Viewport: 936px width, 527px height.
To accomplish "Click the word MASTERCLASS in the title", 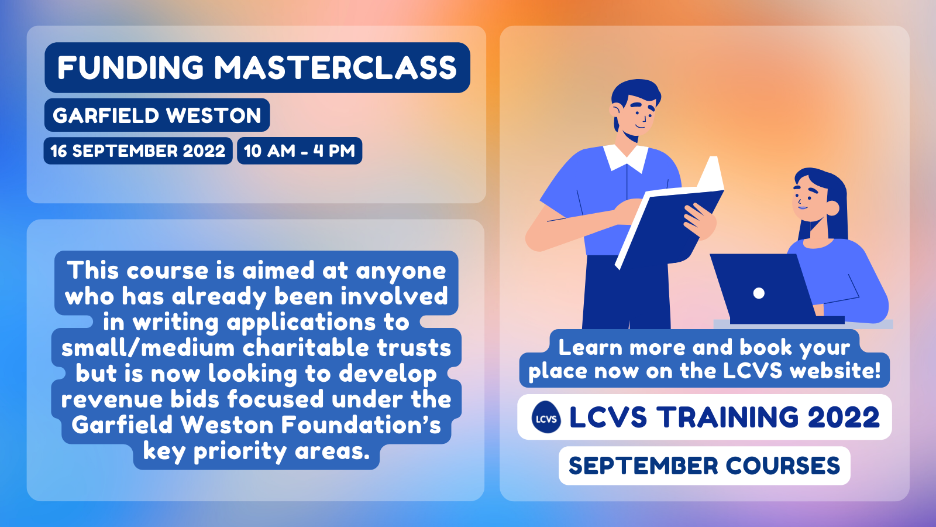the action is tap(336, 68).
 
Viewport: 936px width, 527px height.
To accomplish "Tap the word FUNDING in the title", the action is tap(130, 68).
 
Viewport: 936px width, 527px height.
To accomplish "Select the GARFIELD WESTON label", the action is tap(157, 115).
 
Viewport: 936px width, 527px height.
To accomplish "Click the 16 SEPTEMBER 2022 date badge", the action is tap(138, 150).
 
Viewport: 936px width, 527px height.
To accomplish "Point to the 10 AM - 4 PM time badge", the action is tap(300, 150).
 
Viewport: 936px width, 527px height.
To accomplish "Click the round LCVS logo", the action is tap(546, 417).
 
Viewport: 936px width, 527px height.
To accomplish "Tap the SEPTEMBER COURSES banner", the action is tap(704, 466).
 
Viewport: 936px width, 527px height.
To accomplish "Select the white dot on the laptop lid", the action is tap(759, 293).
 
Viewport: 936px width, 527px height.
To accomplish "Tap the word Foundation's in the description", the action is tap(361, 425).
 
